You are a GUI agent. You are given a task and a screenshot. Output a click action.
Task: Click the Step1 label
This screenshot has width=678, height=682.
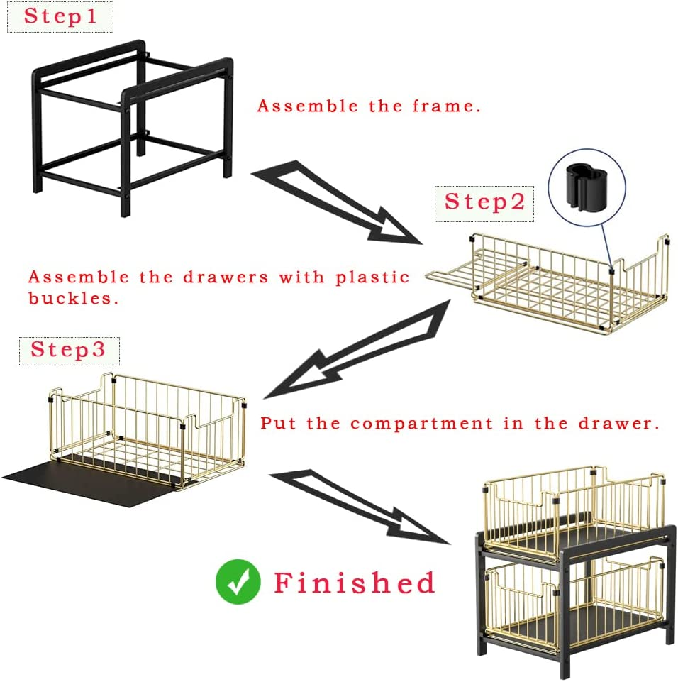[60, 17]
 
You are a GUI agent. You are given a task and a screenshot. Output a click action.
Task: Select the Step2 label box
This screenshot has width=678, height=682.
[484, 202]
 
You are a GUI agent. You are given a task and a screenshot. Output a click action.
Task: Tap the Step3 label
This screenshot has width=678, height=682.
[68, 350]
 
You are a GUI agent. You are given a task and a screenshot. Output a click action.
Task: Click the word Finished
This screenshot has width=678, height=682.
[354, 583]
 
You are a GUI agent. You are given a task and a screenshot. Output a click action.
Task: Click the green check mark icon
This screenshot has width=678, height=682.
[238, 582]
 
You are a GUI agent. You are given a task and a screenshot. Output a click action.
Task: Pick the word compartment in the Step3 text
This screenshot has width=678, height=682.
[421, 424]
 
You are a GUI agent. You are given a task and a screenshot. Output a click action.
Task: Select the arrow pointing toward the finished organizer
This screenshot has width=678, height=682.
[362, 504]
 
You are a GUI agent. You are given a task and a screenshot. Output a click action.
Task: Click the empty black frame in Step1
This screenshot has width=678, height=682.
[131, 128]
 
